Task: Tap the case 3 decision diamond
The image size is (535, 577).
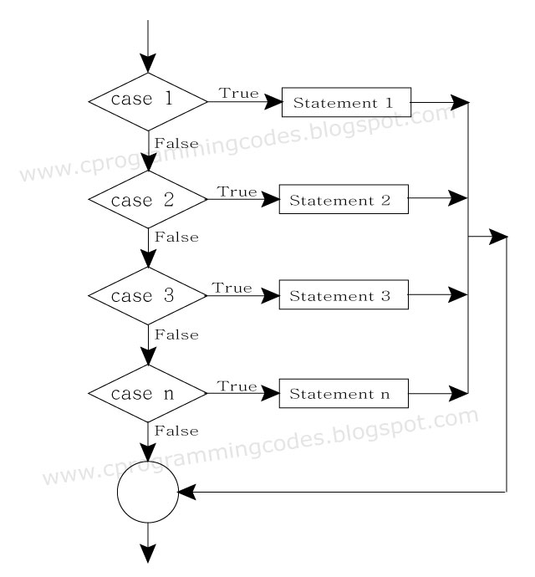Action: click(x=148, y=295)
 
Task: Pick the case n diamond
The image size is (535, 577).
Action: click(x=148, y=391)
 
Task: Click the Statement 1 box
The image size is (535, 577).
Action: click(x=346, y=104)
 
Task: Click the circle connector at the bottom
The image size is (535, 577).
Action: click(x=148, y=493)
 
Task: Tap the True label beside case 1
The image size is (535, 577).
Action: click(x=239, y=93)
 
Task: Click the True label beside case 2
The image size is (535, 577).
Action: click(x=237, y=191)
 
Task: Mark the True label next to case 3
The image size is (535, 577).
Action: click(x=232, y=288)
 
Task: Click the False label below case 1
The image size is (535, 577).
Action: click(x=176, y=143)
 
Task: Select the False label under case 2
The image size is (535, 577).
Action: click(x=176, y=237)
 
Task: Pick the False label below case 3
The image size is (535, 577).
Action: click(x=176, y=334)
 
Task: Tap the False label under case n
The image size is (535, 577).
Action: click(x=176, y=431)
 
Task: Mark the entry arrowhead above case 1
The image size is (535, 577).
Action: click(x=148, y=63)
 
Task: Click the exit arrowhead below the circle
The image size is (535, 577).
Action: click(x=148, y=553)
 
